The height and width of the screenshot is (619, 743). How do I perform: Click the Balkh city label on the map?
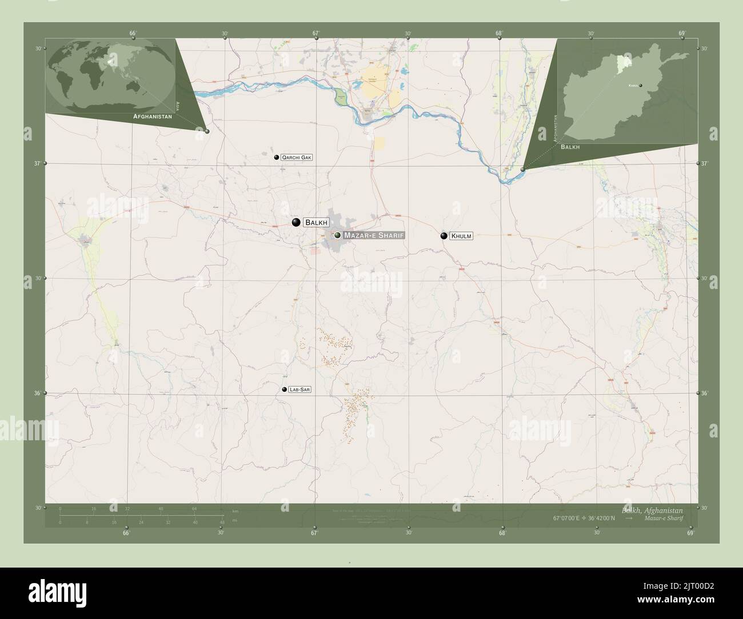[317, 222]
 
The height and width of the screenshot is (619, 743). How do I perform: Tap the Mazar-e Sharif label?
[374, 235]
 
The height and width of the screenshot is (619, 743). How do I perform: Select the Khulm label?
[461, 236]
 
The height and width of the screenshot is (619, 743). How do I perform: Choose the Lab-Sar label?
[300, 389]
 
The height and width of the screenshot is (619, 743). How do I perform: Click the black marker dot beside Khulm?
[444, 236]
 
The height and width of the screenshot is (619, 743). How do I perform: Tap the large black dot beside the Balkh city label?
[295, 222]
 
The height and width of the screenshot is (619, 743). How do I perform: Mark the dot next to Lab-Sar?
[284, 389]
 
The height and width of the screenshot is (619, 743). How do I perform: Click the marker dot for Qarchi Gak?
[277, 157]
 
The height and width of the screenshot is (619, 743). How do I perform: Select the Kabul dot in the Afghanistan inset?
[641, 86]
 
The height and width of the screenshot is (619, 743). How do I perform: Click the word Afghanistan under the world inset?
[153, 116]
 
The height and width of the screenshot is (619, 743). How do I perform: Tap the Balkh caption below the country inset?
[570, 147]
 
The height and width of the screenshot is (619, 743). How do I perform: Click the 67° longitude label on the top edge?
[315, 34]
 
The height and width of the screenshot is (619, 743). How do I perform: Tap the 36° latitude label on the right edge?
[704, 393]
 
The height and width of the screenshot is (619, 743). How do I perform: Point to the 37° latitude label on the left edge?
[38, 164]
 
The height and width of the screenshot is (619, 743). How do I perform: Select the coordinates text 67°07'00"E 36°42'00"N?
[584, 518]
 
